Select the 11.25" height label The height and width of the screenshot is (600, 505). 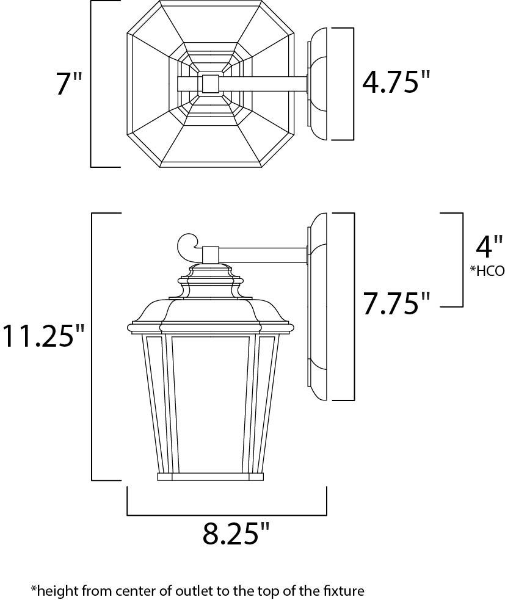coord(43,336)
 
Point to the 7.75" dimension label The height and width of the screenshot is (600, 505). coord(396,303)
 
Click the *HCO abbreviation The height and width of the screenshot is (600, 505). coord(487,271)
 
